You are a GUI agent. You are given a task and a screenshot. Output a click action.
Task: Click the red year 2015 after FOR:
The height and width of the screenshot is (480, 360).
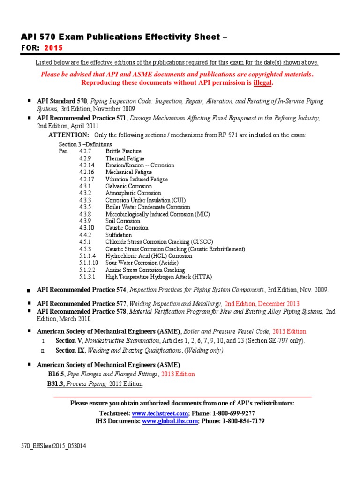click(53, 48)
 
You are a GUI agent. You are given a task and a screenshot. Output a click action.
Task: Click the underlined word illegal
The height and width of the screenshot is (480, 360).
click(262, 82)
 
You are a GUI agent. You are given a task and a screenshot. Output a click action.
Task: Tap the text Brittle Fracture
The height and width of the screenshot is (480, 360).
click(124, 151)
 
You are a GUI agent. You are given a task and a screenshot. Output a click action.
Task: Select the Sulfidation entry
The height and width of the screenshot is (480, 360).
click(119, 235)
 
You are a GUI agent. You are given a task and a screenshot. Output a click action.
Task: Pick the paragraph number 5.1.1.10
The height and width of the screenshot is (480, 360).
click(88, 263)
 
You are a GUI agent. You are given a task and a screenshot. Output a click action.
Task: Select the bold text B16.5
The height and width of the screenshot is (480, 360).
click(56, 374)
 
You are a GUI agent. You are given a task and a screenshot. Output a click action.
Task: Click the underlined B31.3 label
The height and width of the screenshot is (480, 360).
click(56, 383)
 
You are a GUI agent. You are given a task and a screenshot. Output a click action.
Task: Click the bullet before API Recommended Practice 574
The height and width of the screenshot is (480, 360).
click(30, 291)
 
